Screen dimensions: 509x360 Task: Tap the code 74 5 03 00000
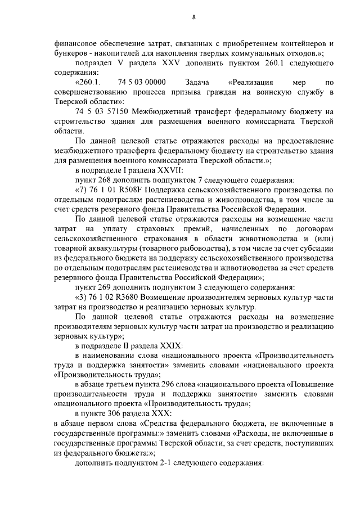click(142, 83)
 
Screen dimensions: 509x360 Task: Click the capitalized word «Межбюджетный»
click(159, 111)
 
